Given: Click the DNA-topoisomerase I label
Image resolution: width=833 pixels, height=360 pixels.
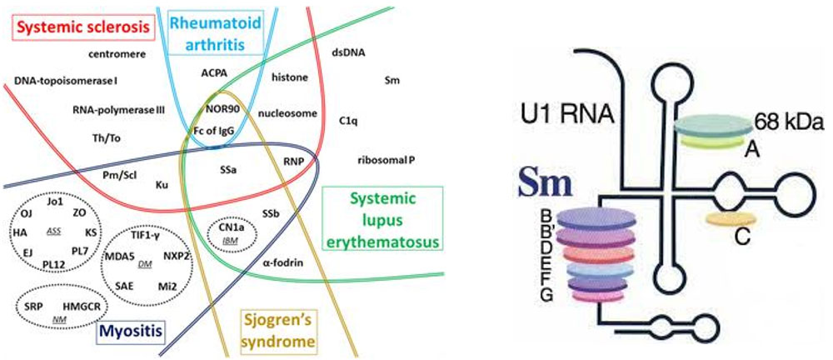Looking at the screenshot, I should point(66,81).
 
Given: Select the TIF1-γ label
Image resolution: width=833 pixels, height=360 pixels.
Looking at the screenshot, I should point(147,236).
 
